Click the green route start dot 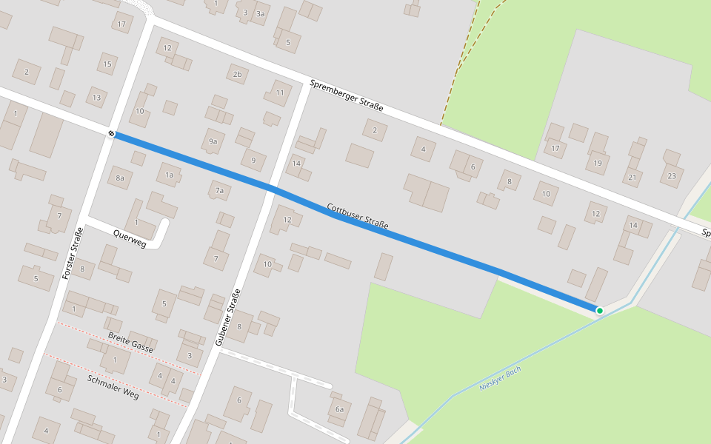tap(599, 310)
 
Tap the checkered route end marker tap(112, 133)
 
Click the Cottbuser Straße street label tap(358, 215)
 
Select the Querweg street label tap(130, 238)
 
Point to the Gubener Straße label tap(228, 317)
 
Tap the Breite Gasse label tap(130, 342)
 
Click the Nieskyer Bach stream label tap(500, 378)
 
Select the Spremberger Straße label tap(347, 95)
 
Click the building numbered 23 tap(672, 175)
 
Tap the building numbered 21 tap(632, 177)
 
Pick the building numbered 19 tap(598, 163)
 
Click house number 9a tap(213, 141)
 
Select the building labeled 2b tap(237, 74)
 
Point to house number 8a tap(120, 178)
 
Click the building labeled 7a tap(219, 191)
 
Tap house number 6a tap(339, 409)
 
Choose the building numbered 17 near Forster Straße tap(122, 24)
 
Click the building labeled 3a tap(260, 13)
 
